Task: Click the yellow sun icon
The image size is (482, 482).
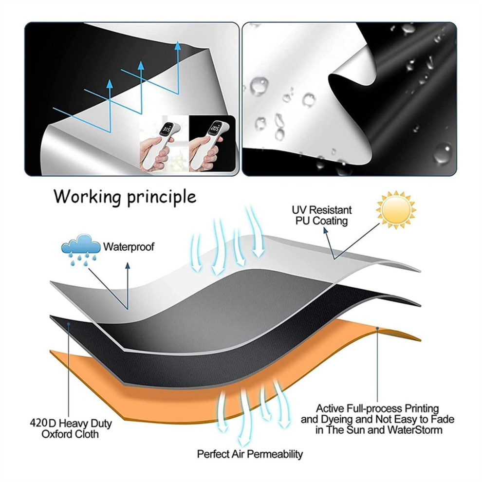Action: coord(396,210)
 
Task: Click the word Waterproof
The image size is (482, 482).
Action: coord(129,246)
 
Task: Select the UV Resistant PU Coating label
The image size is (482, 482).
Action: coord(321,215)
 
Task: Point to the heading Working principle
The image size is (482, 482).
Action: coord(125,196)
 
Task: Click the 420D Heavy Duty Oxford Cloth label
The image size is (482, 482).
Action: coord(71,428)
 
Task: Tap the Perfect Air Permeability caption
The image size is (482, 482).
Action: coord(250,454)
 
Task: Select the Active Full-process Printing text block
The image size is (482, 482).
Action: coord(377,419)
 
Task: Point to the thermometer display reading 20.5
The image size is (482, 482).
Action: coord(215,127)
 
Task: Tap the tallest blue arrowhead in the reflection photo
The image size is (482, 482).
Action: coord(177,45)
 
